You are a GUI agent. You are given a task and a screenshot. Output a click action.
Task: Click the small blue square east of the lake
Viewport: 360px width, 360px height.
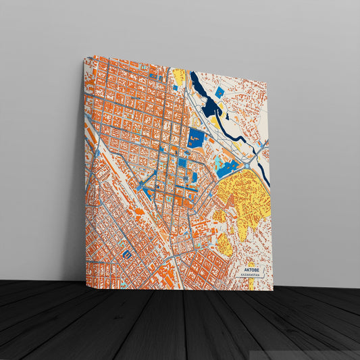pyautogui.click(x=219, y=91)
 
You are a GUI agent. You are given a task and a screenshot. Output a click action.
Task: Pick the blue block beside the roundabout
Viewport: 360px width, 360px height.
pyautogui.click(x=228, y=169)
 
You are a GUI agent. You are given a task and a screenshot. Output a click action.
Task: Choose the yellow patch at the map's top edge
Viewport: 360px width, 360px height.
pyautogui.click(x=179, y=76)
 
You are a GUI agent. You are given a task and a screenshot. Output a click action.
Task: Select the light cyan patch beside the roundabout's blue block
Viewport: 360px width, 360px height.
pyautogui.click(x=218, y=163)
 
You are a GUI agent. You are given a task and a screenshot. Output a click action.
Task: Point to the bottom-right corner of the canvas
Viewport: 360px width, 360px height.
pyautogui.click(x=272, y=290)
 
